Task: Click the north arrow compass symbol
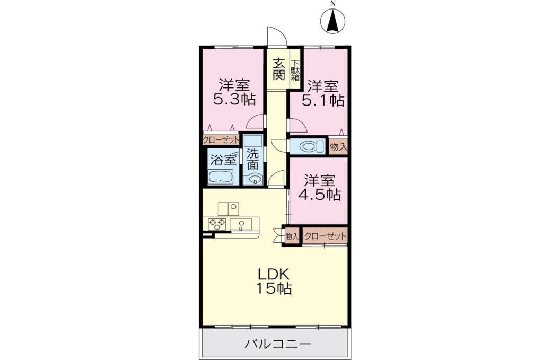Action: click(332, 21)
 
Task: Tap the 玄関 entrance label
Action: click(279, 69)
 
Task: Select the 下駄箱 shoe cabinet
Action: click(295, 71)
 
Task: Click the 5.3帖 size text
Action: click(234, 100)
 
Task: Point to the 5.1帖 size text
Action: click(323, 100)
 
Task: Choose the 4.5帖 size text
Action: click(320, 195)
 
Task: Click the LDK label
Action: click(273, 274)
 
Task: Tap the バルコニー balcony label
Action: click(278, 344)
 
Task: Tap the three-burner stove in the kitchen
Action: click(217, 224)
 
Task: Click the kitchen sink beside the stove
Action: click(241, 224)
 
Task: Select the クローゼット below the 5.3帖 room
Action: click(221, 140)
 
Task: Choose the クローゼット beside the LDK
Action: click(325, 236)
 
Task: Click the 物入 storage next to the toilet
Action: click(338, 147)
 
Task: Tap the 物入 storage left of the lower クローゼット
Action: click(292, 236)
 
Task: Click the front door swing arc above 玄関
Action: click(277, 36)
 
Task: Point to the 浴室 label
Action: click(223, 160)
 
